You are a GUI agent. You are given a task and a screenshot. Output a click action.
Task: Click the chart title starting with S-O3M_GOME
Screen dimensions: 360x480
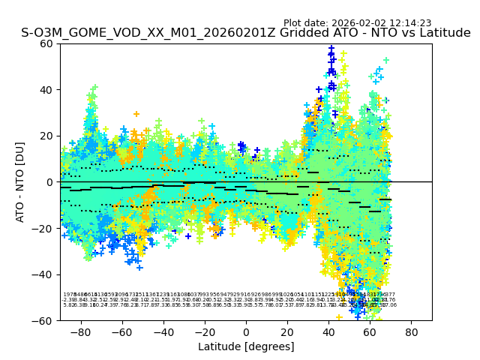coord(246,33)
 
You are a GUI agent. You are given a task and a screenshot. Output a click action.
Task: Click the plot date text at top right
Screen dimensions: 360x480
coord(357,23)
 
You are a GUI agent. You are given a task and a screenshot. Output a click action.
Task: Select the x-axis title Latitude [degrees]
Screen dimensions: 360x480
coord(246,346)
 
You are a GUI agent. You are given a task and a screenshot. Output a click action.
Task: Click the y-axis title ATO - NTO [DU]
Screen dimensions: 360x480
coord(21,181)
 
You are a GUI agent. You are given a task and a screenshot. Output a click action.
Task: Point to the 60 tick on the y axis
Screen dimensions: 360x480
coord(47,43)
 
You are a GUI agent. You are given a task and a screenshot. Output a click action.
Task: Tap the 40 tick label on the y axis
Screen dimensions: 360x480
coord(47,89)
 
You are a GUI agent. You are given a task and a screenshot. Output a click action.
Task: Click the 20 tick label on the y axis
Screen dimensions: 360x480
coord(47,136)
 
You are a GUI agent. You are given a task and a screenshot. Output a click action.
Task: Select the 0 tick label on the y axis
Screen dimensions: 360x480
coord(50,181)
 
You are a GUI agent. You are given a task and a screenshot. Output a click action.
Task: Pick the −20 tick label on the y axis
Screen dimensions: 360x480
coord(44,228)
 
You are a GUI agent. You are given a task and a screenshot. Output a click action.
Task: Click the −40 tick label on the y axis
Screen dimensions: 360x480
coord(44,274)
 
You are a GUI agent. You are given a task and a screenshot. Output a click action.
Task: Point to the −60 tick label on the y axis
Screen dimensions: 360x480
coord(44,320)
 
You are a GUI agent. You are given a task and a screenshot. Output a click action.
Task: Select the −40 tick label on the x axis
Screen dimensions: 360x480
coord(163,332)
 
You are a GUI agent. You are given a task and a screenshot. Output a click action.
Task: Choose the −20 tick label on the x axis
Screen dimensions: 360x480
coord(204,332)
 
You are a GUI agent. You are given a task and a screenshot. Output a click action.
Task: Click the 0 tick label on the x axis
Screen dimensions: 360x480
coord(246,332)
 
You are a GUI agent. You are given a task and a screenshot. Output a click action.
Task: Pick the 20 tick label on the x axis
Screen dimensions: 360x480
coord(287,332)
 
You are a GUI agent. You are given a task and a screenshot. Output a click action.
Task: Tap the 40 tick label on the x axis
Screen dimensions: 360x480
coord(328,332)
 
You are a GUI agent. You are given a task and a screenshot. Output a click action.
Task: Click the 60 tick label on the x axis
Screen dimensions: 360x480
coord(370,332)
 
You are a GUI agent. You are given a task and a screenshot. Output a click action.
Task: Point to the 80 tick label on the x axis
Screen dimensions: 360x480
coord(411,332)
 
